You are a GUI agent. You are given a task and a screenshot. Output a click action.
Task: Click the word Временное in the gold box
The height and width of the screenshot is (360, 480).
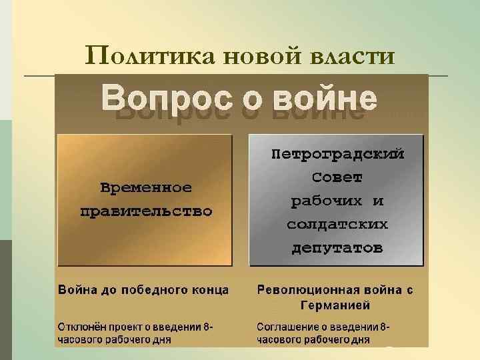point(146,187)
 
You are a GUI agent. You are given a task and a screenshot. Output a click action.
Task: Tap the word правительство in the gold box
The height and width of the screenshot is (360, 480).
point(146,212)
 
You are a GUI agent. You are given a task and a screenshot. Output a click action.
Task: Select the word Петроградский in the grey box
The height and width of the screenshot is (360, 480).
point(337,154)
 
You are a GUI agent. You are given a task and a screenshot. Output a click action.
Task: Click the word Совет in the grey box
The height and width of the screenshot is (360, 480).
point(337,177)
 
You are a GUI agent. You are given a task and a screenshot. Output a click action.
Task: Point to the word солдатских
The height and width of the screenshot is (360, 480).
point(337,225)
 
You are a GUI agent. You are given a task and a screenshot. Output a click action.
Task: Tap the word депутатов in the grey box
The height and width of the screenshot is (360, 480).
point(337,249)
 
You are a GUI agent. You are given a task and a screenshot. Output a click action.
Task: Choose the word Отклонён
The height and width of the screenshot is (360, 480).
point(81,327)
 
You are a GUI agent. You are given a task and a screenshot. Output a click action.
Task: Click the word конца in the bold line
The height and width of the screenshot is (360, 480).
point(211,290)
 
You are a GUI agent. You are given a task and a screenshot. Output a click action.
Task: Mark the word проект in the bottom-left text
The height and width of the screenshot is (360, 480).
point(123,327)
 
